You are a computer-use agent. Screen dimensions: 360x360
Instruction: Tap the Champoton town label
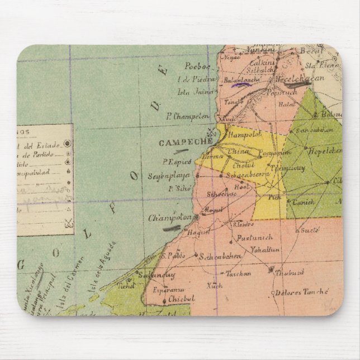[167, 217]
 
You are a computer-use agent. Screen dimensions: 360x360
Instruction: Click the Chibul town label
[181, 299]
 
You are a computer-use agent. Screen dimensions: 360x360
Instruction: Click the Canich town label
[304, 202]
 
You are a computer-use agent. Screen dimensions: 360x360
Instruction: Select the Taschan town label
[239, 273]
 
